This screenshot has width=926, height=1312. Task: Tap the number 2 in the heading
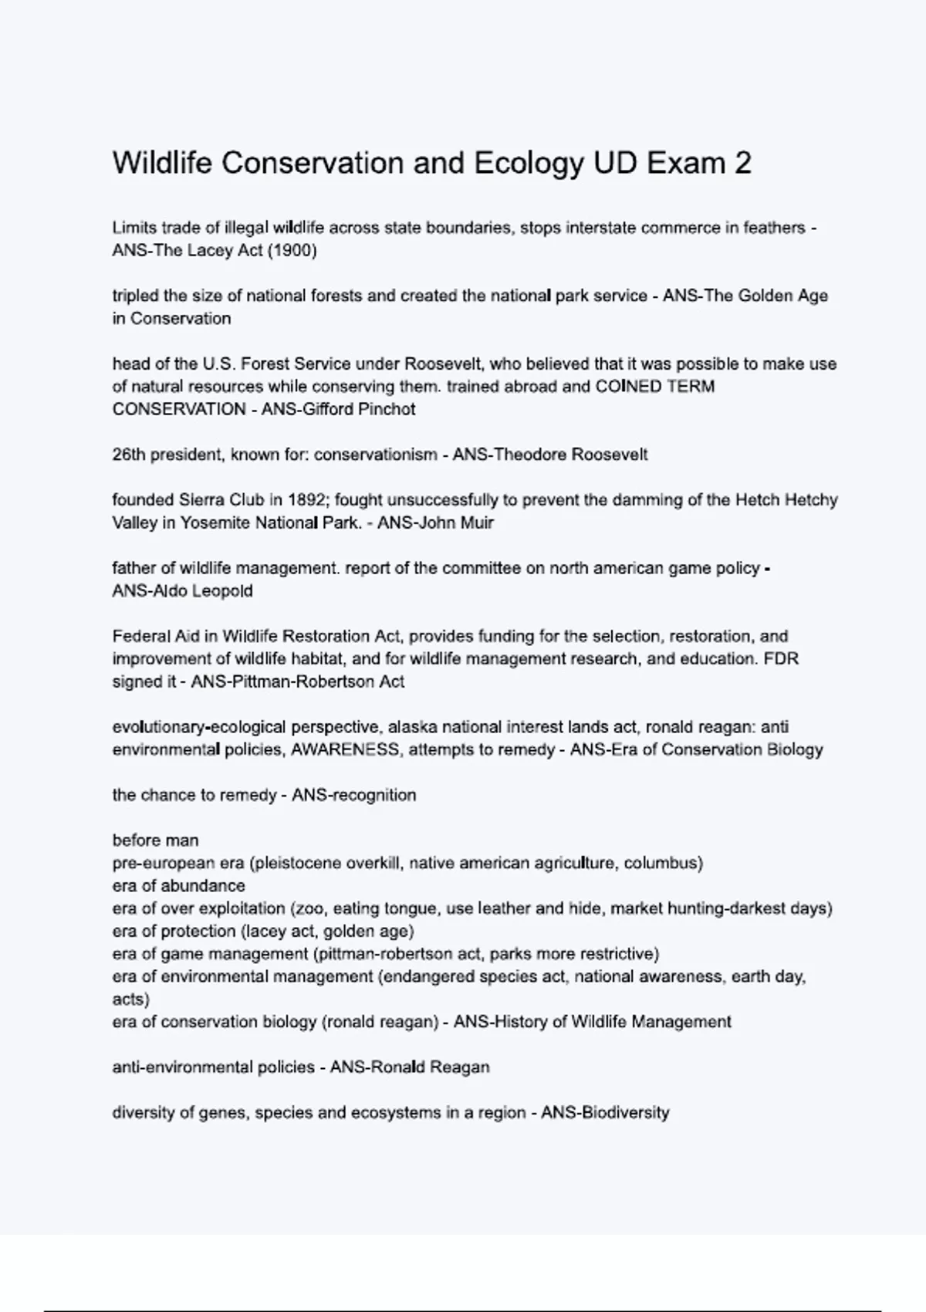pos(742,164)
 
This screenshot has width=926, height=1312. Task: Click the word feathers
pos(774,228)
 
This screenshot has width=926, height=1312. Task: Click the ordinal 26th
pos(128,455)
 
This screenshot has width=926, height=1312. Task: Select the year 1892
pos(306,500)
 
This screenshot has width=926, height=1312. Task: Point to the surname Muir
pos(475,522)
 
